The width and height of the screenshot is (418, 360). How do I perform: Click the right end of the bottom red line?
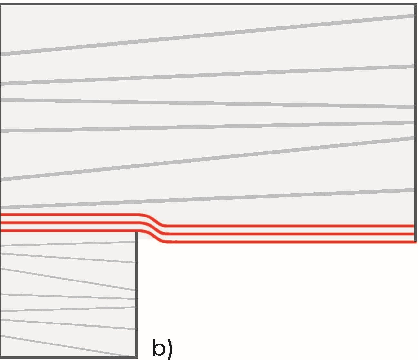coord(414,242)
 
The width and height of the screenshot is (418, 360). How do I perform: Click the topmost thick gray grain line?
coord(207,35)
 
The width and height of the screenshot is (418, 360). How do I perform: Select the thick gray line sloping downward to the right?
coord(207,103)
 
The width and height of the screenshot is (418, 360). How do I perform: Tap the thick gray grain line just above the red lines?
coord(207,198)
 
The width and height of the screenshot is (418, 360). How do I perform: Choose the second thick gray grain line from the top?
coord(207,75)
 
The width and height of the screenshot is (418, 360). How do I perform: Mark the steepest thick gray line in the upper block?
coord(207,158)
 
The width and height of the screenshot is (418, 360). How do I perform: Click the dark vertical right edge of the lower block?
coord(136,291)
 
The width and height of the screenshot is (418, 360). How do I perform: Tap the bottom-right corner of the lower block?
coord(136,357)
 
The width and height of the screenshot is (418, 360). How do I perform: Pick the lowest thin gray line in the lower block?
coord(65,346)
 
